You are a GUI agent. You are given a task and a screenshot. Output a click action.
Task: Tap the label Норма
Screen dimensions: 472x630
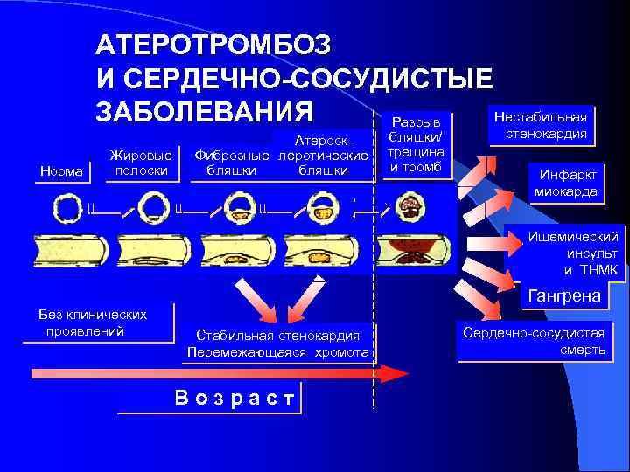pyautogui.click(x=65, y=171)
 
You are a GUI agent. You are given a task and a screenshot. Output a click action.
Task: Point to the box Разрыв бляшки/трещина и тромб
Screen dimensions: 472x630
pyautogui.click(x=416, y=144)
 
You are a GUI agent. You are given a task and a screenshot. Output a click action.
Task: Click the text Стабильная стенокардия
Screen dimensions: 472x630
pyautogui.click(x=278, y=335)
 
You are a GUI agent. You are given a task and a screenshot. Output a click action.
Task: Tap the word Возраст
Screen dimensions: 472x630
pyautogui.click(x=233, y=398)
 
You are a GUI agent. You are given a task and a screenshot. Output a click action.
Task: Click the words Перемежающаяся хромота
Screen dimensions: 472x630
pyautogui.click(x=278, y=352)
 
